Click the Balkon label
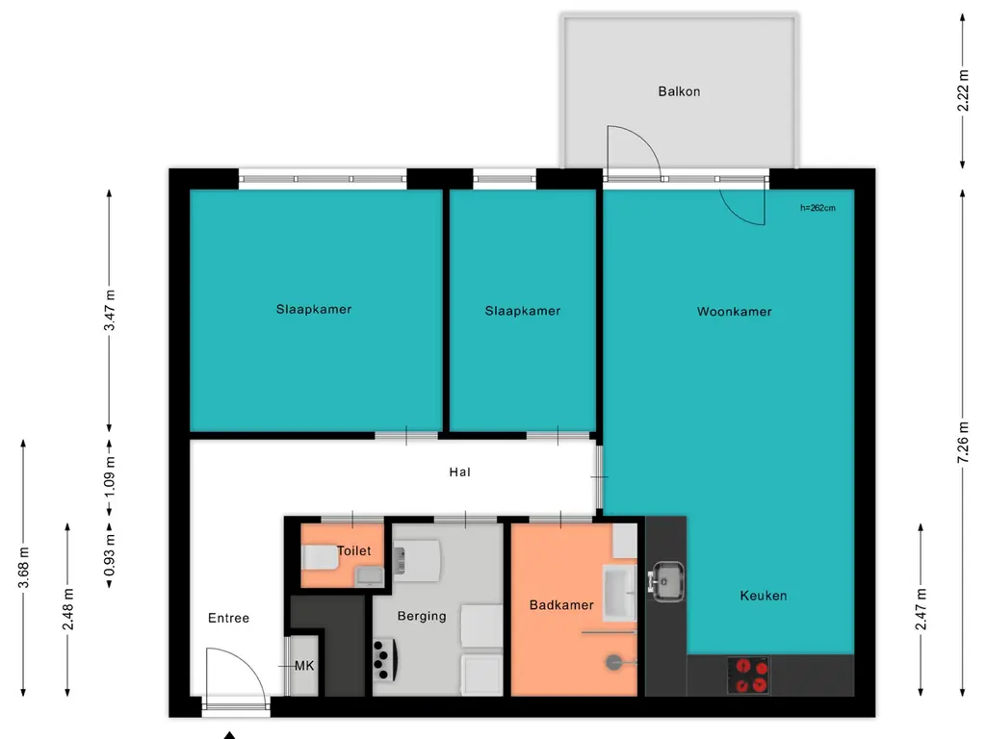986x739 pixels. tap(679, 91)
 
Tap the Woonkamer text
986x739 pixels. tap(735, 312)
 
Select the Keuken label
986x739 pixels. tap(764, 596)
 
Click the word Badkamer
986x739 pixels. tap(561, 605)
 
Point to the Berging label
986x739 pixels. tap(422, 617)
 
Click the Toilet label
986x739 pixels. tap(354, 551)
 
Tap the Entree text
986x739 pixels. tap(229, 619)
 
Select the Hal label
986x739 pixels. tap(459, 472)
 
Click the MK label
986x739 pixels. tap(304, 666)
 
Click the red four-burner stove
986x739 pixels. tap(749, 675)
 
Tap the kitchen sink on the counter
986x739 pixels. tap(666, 581)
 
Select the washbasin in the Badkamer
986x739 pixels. tap(620, 592)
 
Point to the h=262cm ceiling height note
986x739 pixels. tap(817, 208)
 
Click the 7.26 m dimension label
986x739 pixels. tap(963, 443)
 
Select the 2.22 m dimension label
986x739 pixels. tap(963, 90)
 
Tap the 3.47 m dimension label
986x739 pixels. tap(110, 311)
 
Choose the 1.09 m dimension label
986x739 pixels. tap(110, 476)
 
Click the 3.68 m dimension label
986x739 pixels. tap(24, 568)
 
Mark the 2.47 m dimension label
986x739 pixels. tap(921, 609)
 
